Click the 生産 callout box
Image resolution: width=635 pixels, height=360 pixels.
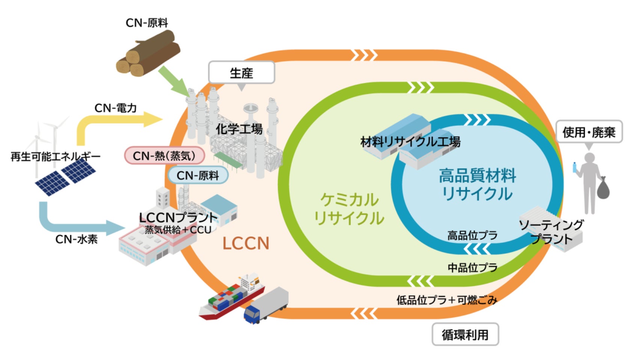(241, 72)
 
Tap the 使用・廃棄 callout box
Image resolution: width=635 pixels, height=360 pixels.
(588, 132)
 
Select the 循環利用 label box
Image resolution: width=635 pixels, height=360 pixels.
(465, 334)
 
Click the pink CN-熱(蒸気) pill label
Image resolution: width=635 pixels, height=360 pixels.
(165, 156)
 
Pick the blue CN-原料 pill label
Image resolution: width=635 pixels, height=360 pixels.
(198, 175)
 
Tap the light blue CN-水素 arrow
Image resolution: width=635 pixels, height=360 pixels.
(75, 224)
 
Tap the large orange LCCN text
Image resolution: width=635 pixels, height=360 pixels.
(246, 244)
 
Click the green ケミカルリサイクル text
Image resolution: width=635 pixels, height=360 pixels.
(349, 209)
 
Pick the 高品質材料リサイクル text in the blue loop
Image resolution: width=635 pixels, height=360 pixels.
(477, 184)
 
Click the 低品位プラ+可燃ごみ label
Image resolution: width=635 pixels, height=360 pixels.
(446, 300)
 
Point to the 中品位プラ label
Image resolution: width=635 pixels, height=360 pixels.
(472, 267)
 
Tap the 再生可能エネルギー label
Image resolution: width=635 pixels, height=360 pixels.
(55, 156)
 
